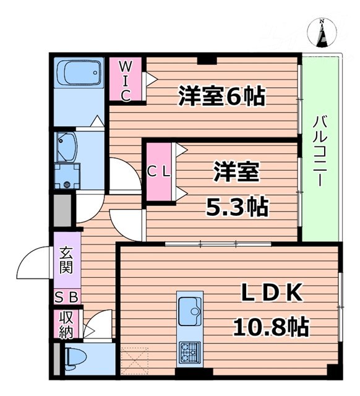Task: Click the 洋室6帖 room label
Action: click(x=221, y=96)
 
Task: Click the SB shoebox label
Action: click(x=67, y=298)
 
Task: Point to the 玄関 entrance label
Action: click(x=67, y=260)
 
